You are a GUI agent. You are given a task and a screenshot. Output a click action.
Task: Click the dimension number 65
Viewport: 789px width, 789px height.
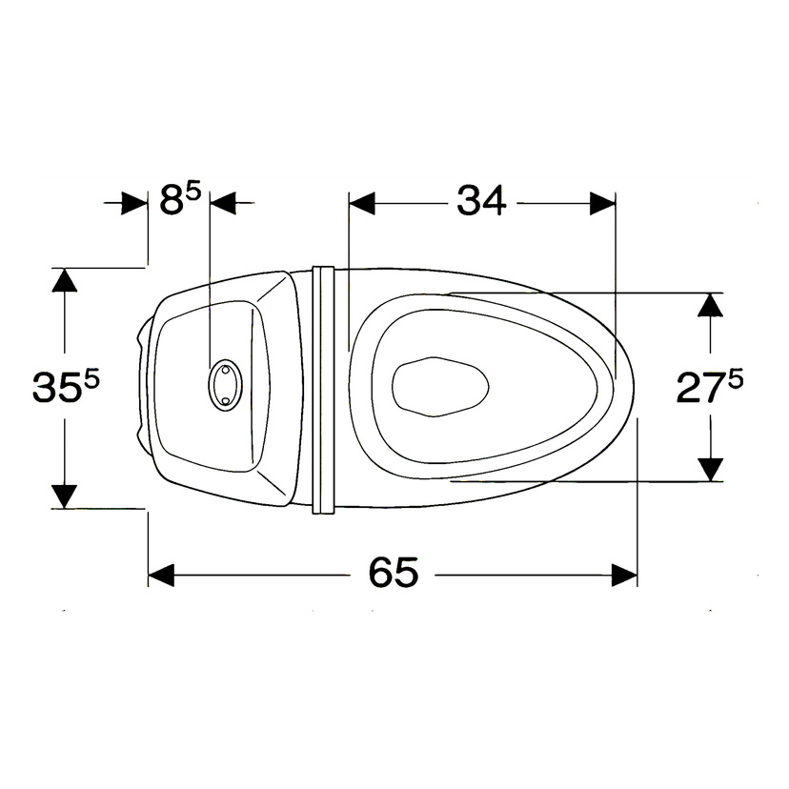coord(394,572)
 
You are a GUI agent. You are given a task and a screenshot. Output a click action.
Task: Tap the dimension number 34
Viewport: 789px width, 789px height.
coord(481,200)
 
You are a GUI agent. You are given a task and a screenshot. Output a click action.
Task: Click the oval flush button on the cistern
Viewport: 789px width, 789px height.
coord(225,385)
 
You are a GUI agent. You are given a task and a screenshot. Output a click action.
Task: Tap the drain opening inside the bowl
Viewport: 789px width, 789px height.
coord(440,387)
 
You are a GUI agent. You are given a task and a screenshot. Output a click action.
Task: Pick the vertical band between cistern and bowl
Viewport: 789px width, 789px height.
coord(323,390)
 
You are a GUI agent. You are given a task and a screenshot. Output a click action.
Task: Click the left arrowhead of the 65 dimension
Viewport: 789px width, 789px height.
coord(161,576)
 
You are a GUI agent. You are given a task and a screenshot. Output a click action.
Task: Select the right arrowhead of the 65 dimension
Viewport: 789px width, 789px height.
coord(624,576)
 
